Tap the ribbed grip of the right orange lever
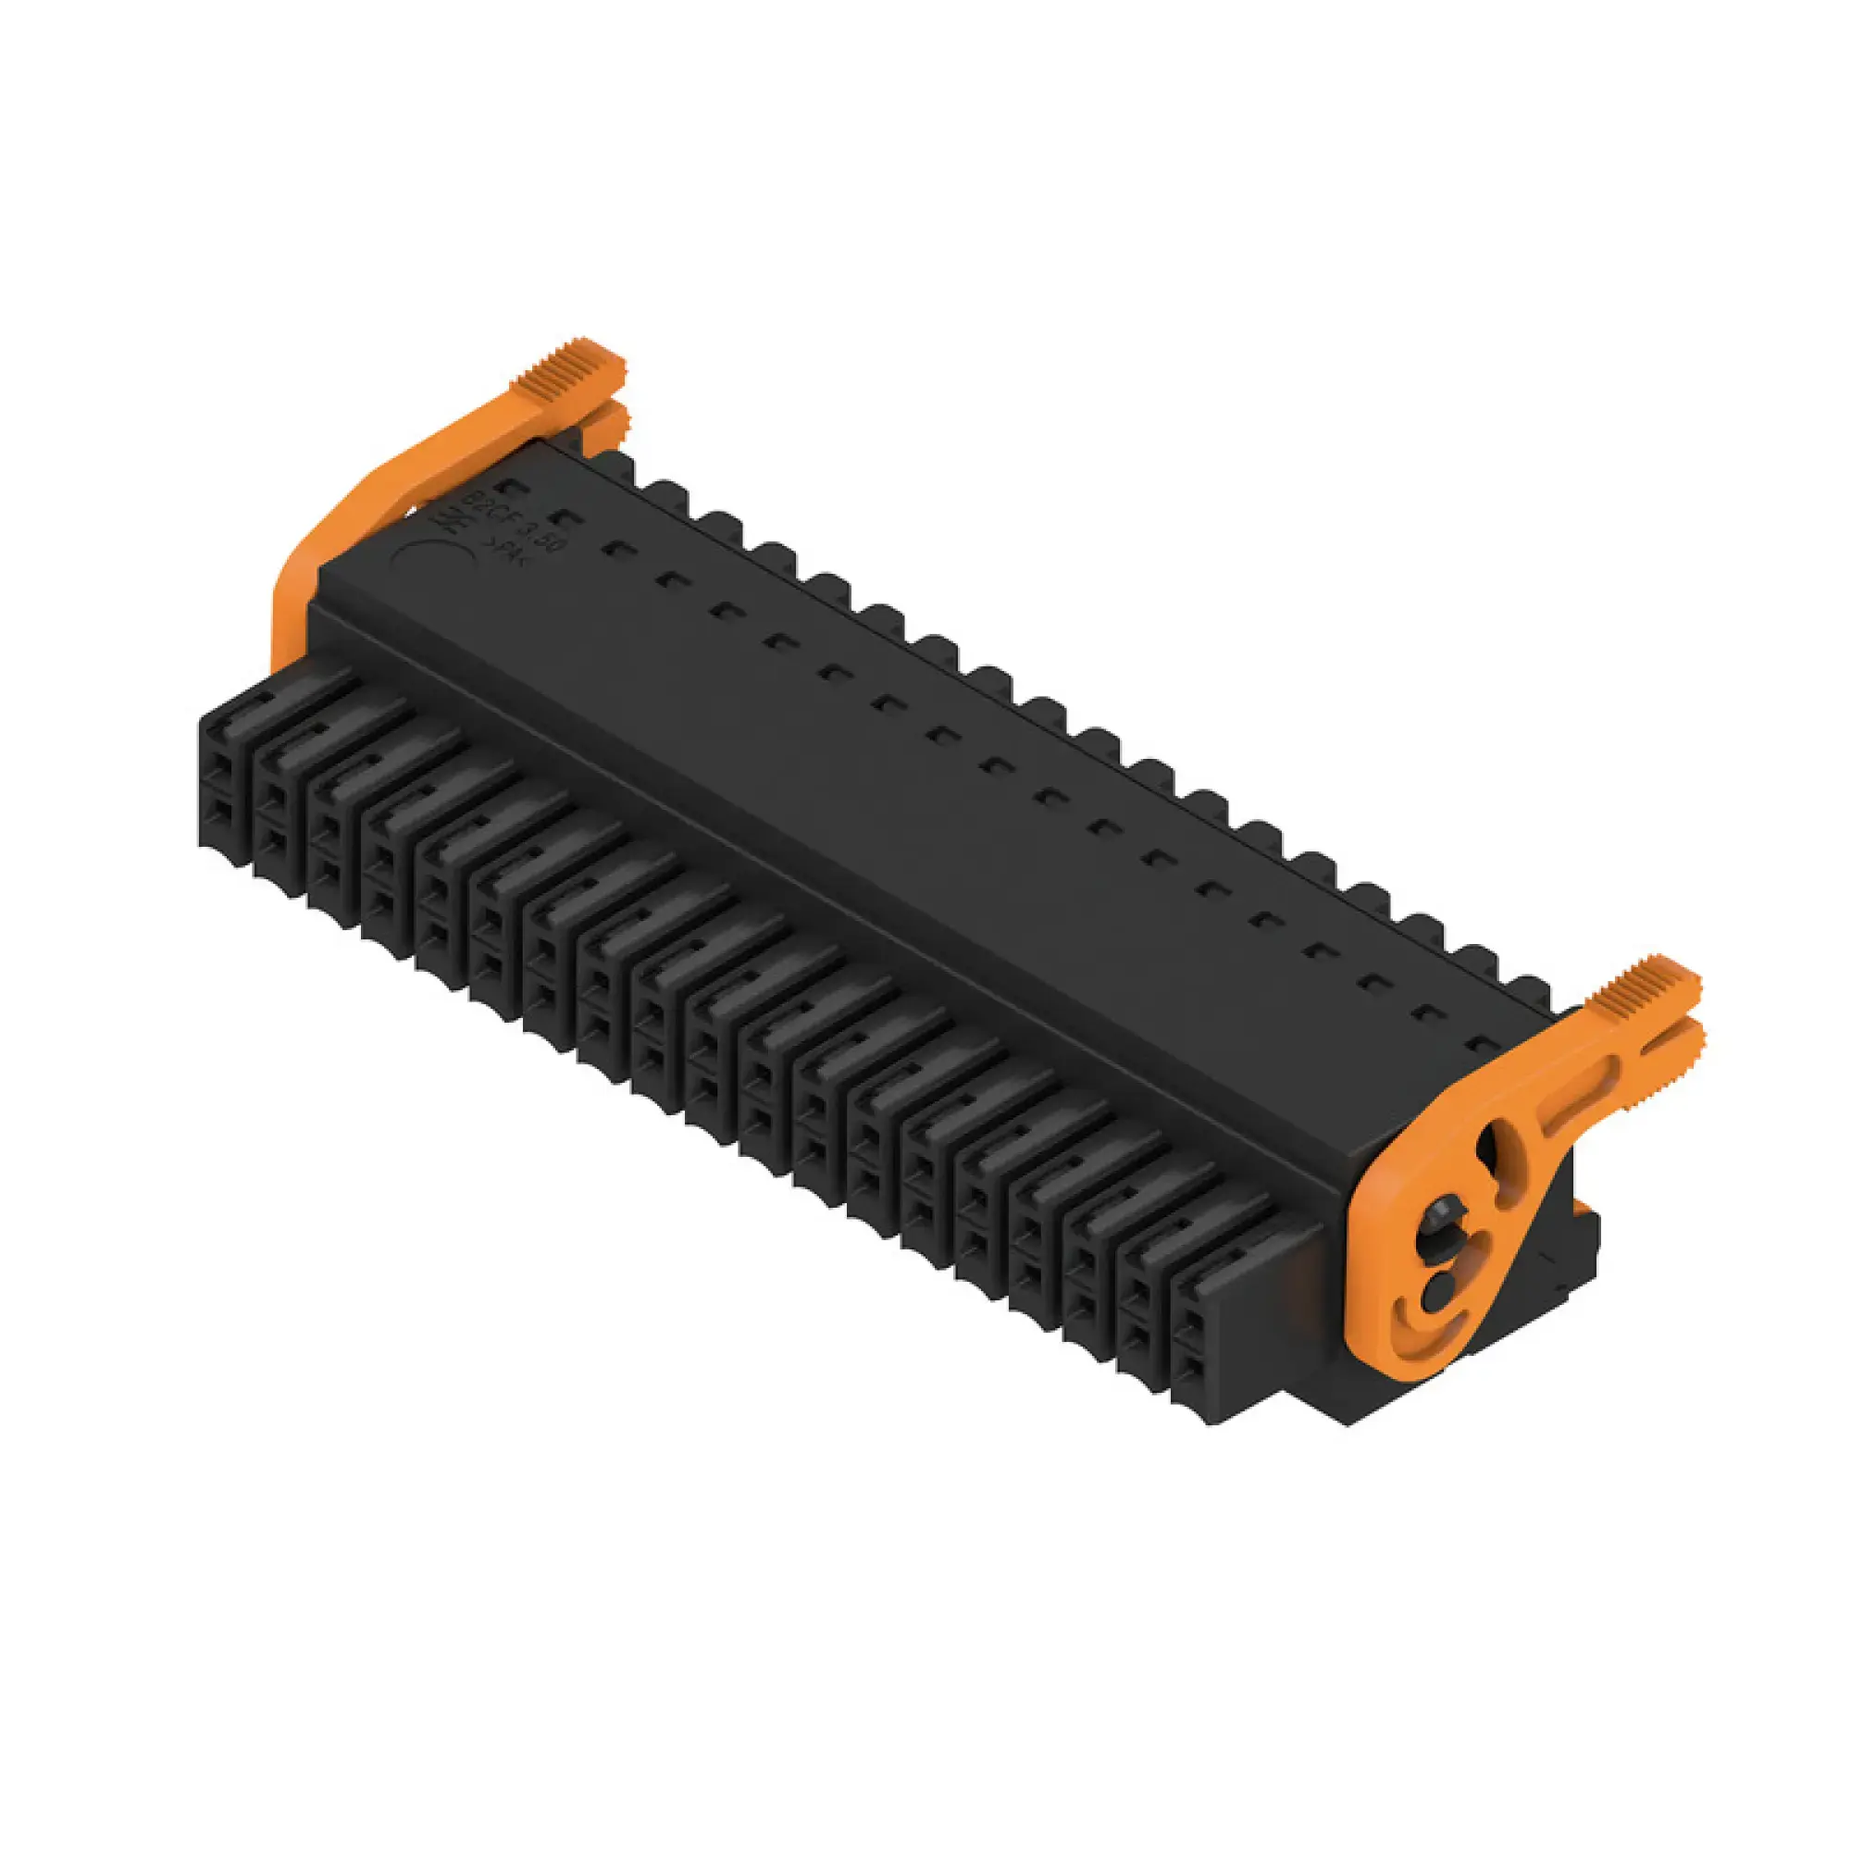pyautogui.click(x=1644, y=989)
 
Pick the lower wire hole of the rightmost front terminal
pyautogui.click(x=1192, y=1368)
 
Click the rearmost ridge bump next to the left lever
pyautogui.click(x=617, y=465)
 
